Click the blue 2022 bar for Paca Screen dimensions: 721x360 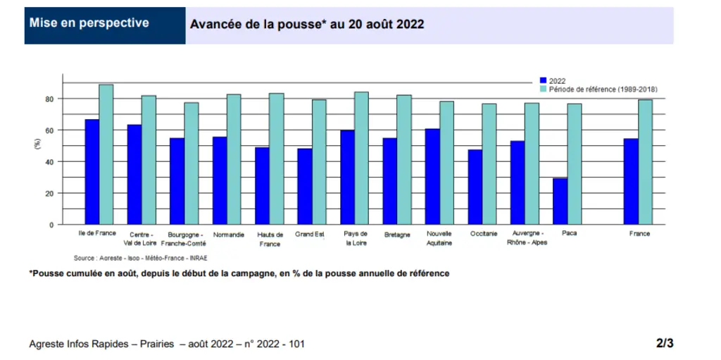coord(560,201)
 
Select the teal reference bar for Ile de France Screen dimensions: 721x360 coord(106,155)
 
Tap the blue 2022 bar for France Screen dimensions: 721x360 coord(631,181)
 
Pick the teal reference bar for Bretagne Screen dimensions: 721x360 coord(404,160)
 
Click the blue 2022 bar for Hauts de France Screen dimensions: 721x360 coord(262,186)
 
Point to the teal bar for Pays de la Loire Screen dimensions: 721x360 coord(361,159)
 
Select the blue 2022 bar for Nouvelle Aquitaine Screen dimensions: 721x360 coord(432,177)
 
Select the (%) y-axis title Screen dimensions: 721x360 coord(38,145)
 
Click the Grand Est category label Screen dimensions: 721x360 coord(310,234)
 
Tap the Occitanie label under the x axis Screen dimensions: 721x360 coord(484,234)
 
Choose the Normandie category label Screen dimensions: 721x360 coord(229,235)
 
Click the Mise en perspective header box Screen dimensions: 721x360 coord(105,25)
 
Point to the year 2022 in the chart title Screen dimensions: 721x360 coord(410,25)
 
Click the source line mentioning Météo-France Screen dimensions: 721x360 coord(144,259)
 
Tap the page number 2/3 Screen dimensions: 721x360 coord(665,343)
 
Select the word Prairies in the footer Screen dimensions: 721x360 coord(158,344)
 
